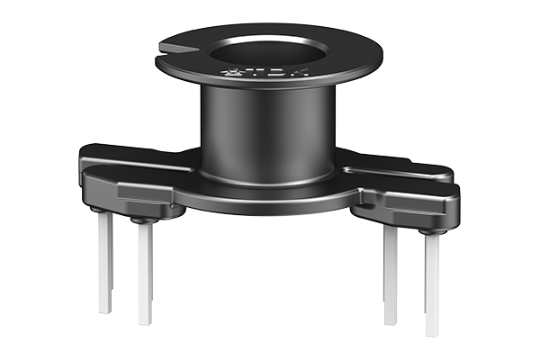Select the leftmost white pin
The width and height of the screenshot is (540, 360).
coord(105,261)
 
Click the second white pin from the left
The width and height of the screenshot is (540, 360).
coord(145,270)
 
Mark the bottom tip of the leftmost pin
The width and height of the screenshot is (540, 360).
coord(105,311)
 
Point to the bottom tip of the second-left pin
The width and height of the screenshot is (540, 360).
coord(145,322)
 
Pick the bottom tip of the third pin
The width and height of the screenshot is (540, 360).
coord(391,322)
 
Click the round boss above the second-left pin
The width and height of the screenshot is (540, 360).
coord(142,219)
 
